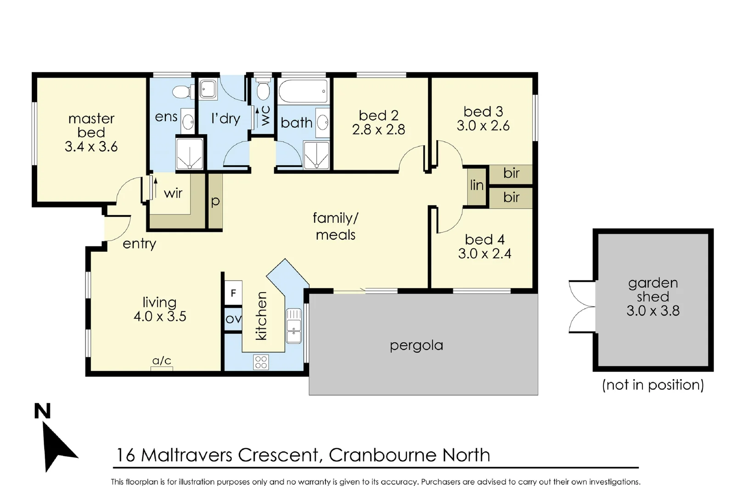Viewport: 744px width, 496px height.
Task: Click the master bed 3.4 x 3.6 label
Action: (x=91, y=133)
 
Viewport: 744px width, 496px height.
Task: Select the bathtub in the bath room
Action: (x=304, y=91)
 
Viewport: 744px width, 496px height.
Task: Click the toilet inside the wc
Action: (x=263, y=90)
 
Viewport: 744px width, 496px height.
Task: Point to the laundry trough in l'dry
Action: (x=208, y=89)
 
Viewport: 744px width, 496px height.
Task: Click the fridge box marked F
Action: (x=233, y=293)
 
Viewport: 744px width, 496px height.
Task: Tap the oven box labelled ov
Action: (x=233, y=318)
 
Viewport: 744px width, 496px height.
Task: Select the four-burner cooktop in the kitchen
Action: (x=261, y=362)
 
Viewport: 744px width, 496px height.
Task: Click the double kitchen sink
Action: (x=294, y=326)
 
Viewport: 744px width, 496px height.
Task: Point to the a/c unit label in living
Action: (x=162, y=361)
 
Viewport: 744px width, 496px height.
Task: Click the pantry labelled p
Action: (x=215, y=201)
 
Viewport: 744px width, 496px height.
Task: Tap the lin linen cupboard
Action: (x=477, y=186)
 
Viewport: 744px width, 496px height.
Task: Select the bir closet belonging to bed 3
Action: (x=511, y=174)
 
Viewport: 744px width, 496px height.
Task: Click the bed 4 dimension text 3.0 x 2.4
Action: (x=485, y=254)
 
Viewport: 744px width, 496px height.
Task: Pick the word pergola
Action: (x=416, y=345)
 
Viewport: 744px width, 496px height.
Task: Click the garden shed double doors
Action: (x=581, y=306)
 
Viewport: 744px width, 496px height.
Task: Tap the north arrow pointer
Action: (x=57, y=448)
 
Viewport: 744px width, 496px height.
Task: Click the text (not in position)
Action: (x=653, y=385)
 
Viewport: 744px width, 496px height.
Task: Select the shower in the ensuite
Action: (x=189, y=153)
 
